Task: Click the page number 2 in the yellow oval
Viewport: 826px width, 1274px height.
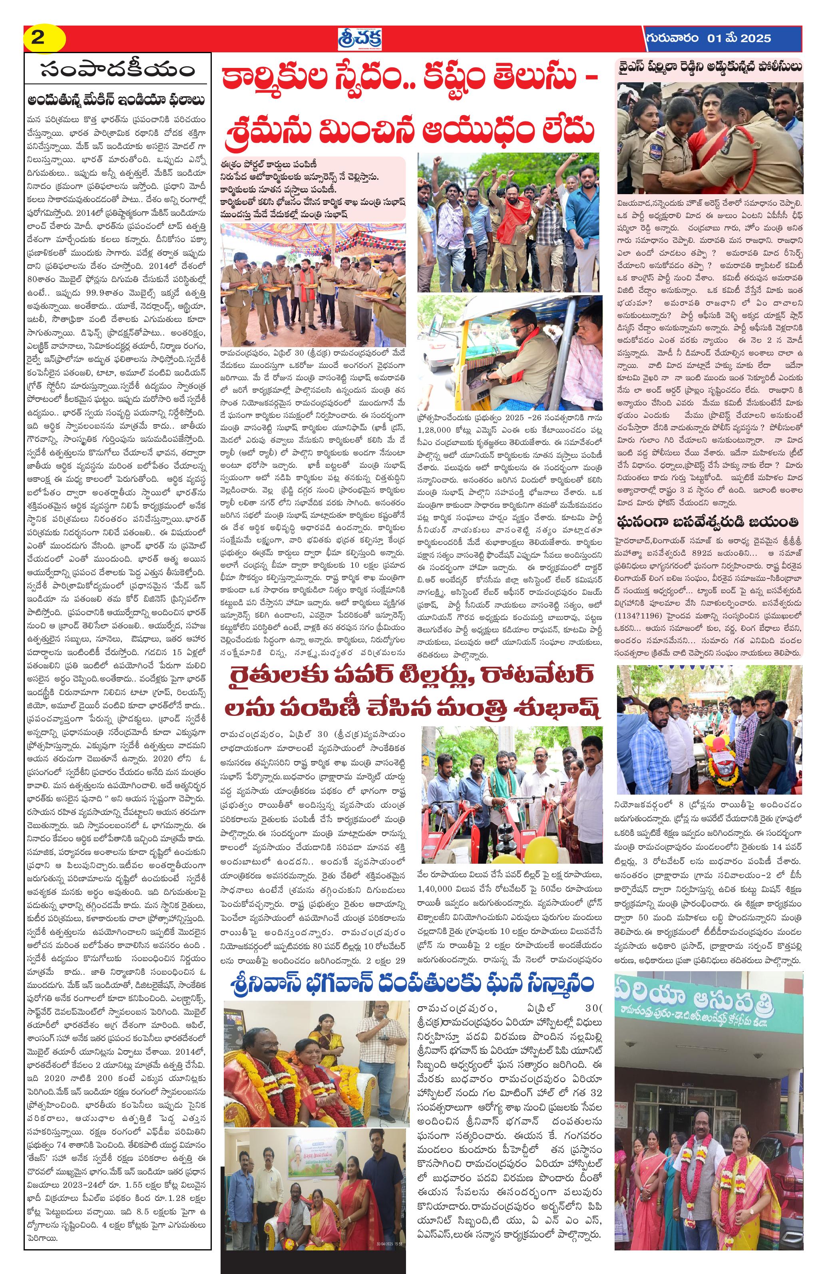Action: coord(38,38)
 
